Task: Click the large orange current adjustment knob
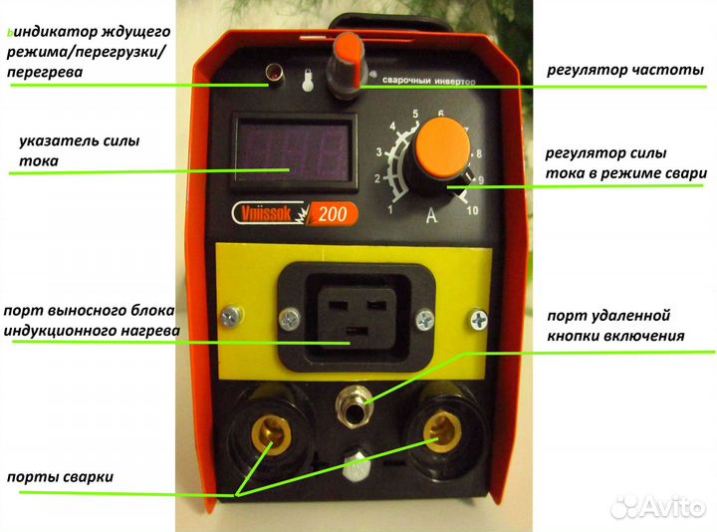[x=442, y=148]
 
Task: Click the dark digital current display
[x=294, y=151]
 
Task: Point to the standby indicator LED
[x=275, y=73]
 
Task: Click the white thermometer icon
[x=308, y=81]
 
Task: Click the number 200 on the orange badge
[x=333, y=213]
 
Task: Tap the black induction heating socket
[x=357, y=317]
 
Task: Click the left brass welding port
[x=273, y=433]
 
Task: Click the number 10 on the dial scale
[x=472, y=210]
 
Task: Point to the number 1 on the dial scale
[x=390, y=209]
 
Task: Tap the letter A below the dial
[x=431, y=215]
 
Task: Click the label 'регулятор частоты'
[x=625, y=70]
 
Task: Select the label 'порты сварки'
[x=60, y=477]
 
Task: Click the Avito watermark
[x=659, y=507]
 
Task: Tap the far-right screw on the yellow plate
[x=479, y=319]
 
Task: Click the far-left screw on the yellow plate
[x=231, y=316]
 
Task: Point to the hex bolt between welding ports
[x=356, y=466]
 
